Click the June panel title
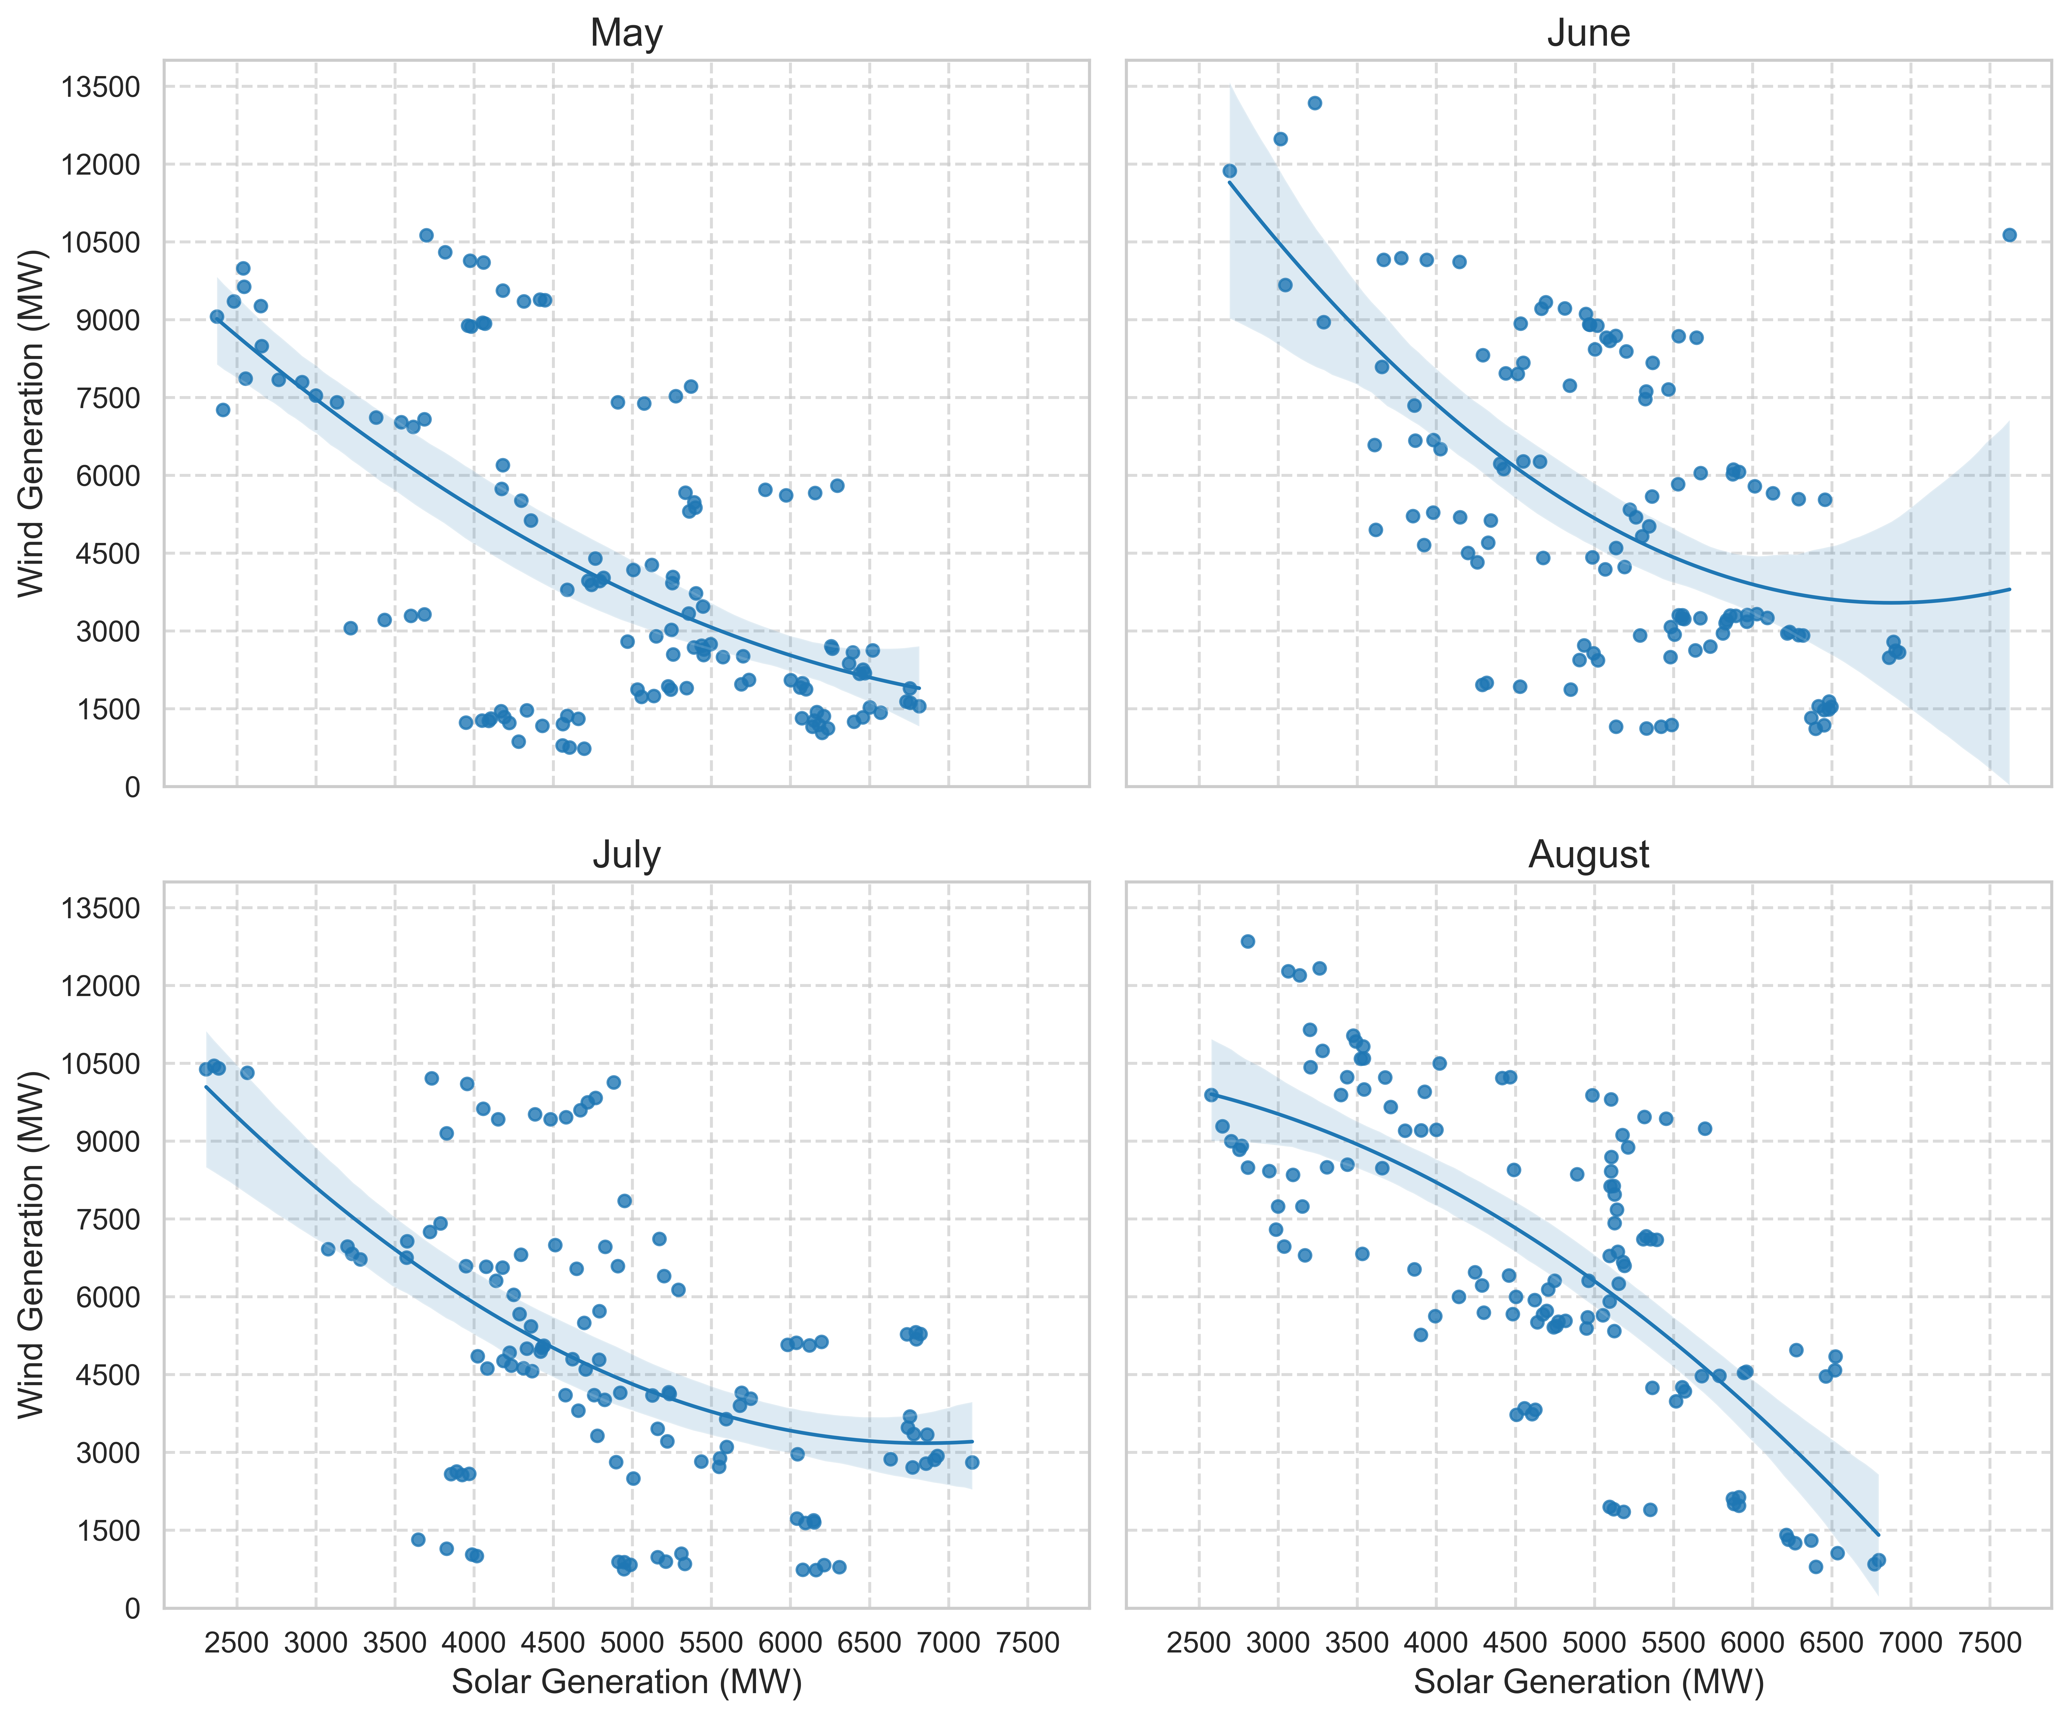point(1588,33)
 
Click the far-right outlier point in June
point(2009,234)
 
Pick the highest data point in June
point(1314,102)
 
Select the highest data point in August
point(1247,941)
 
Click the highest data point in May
point(427,234)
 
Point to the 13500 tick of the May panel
point(100,87)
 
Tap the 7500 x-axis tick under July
point(1027,1642)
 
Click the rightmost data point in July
point(972,1462)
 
